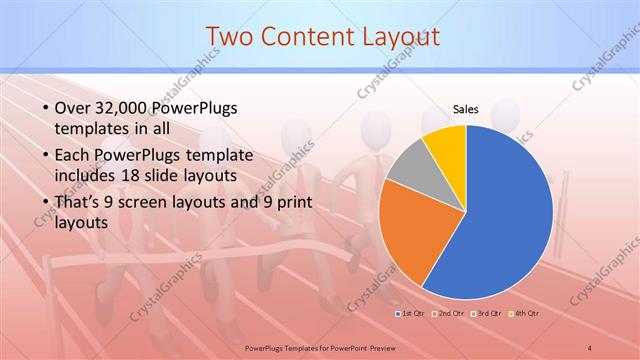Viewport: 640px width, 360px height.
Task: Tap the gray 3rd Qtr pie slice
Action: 407,165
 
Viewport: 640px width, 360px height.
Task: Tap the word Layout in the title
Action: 400,37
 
